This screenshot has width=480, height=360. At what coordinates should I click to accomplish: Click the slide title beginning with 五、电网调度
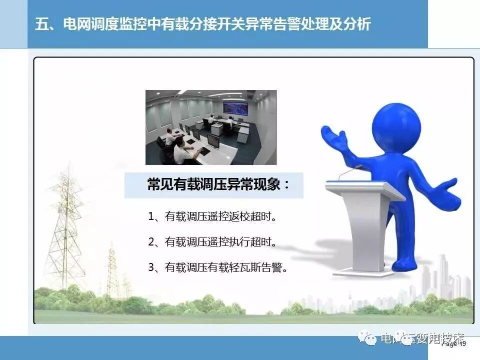tap(203, 24)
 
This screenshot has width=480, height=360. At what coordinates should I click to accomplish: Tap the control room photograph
tap(210, 127)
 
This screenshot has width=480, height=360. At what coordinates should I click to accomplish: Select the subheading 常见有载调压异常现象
tap(218, 184)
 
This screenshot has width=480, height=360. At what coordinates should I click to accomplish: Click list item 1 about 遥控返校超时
tap(212, 217)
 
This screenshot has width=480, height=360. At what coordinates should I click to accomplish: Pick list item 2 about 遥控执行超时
tap(212, 242)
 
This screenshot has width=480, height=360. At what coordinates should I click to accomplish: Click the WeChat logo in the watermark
tap(370, 339)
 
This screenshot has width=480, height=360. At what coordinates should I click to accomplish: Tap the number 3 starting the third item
tap(151, 268)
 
